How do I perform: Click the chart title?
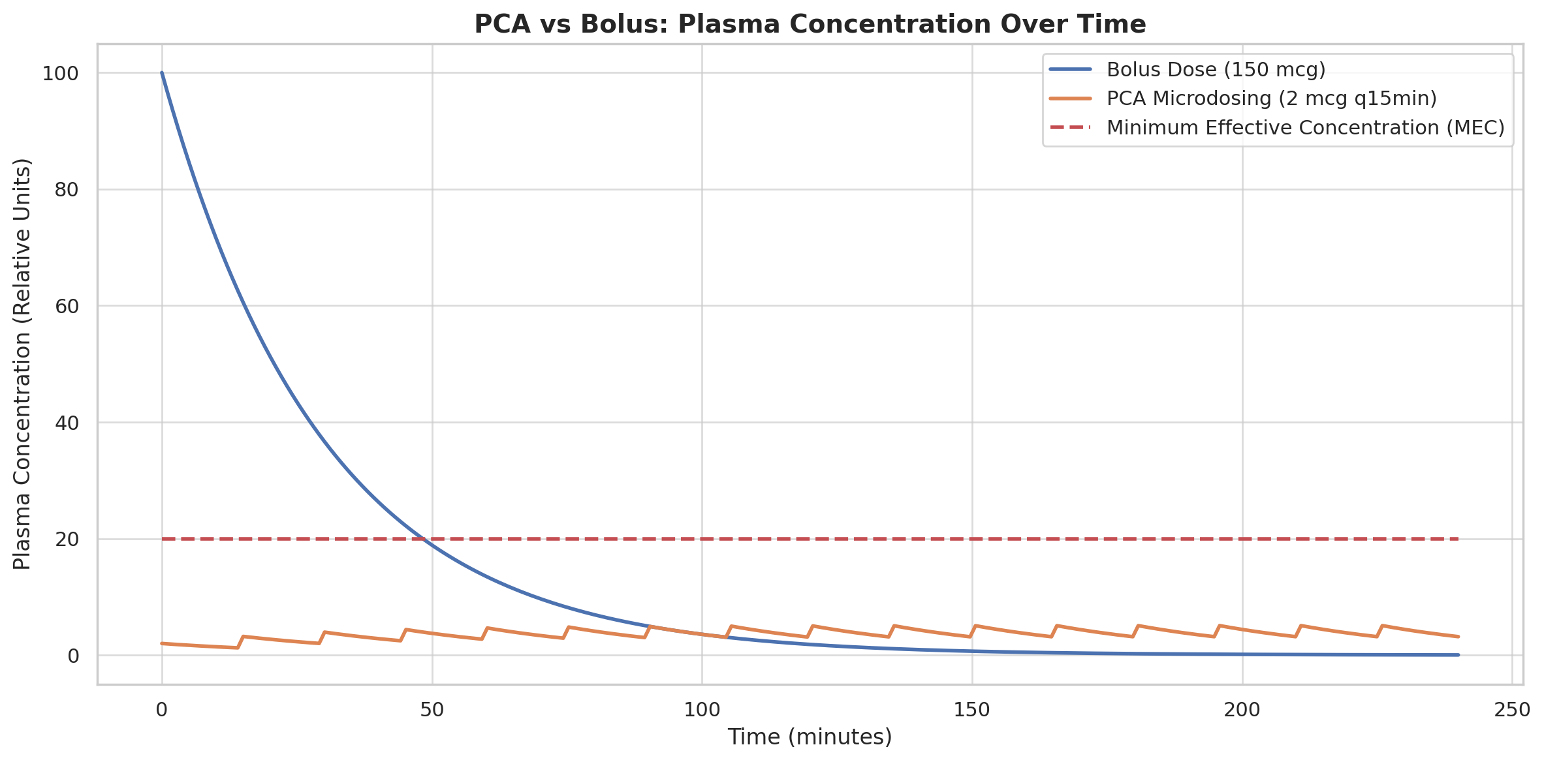coord(810,25)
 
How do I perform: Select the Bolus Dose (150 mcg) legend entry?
coord(1216,70)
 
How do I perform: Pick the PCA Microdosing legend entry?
coord(1272,99)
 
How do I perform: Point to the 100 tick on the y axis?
coord(60,74)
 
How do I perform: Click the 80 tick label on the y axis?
coord(67,190)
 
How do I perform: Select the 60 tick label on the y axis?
coord(67,307)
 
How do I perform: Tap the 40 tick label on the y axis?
coord(67,423)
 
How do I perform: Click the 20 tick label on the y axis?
coord(67,540)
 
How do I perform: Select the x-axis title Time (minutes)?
coord(810,737)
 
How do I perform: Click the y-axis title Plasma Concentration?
coord(22,363)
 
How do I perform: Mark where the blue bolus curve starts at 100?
coord(162,73)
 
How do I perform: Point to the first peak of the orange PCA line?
coord(243,636)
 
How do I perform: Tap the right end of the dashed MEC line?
coord(1458,539)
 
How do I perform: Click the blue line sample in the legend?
coord(1071,70)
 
